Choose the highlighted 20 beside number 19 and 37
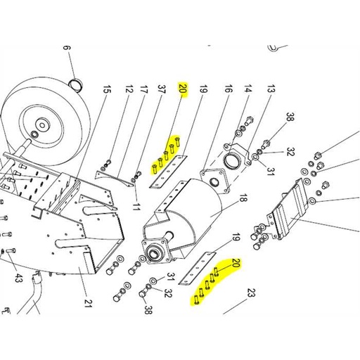point(183,89)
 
